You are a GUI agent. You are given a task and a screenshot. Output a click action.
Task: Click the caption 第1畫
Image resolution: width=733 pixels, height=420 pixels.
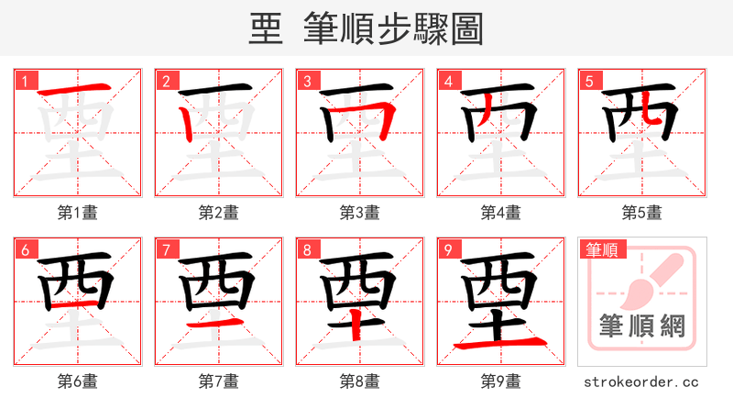pyautogui.click(x=78, y=213)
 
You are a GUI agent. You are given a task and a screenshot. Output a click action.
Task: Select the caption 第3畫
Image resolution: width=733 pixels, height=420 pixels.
pyautogui.click(x=360, y=213)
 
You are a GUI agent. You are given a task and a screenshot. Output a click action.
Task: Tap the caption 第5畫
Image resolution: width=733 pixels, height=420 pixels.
pyautogui.click(x=642, y=213)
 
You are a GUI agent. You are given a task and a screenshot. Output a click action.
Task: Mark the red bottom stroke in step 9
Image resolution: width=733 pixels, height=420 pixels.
pyautogui.click(x=501, y=345)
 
